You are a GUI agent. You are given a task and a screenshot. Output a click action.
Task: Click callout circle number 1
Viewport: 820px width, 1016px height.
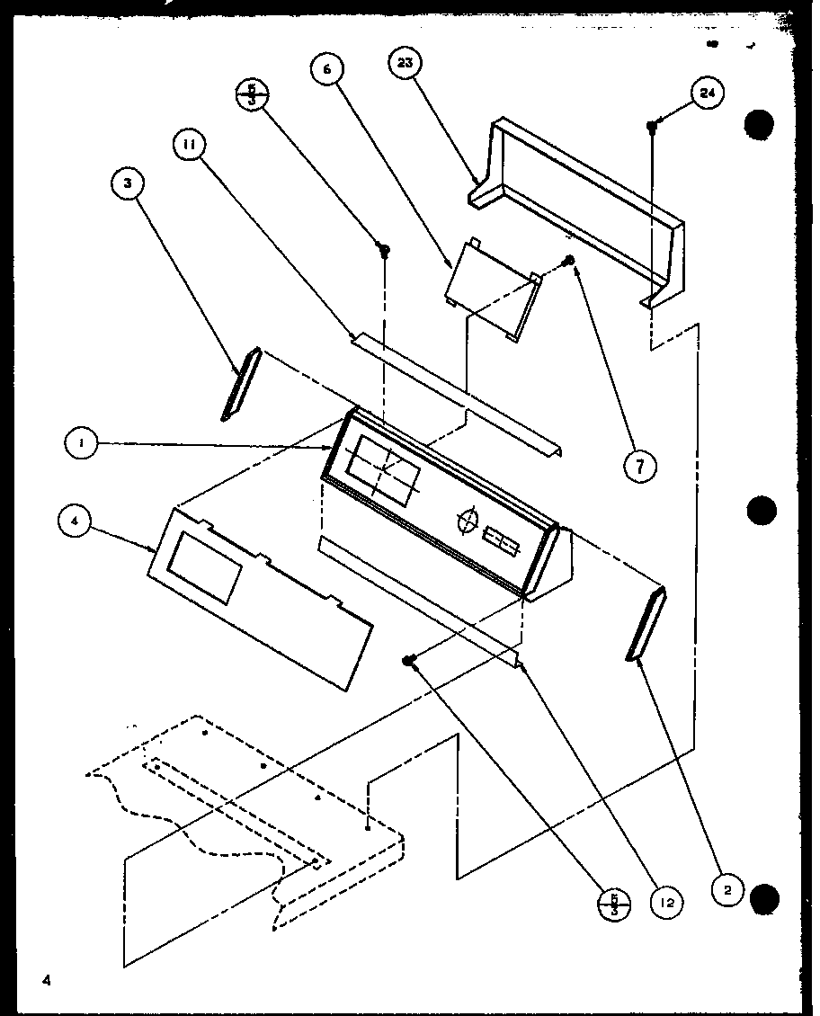coord(80,443)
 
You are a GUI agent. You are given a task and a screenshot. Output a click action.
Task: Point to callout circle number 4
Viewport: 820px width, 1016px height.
coord(76,521)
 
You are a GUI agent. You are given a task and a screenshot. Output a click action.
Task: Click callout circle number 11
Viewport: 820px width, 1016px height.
coord(192,145)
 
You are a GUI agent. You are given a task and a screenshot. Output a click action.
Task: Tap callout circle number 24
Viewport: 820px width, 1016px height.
coord(708,94)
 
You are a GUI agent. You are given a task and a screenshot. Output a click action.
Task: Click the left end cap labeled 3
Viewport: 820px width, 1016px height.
coord(240,384)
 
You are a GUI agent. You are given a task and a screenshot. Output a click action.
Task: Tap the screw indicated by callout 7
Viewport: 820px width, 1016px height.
coord(568,261)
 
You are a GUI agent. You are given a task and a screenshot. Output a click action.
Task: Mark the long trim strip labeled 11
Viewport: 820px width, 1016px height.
coord(459,391)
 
